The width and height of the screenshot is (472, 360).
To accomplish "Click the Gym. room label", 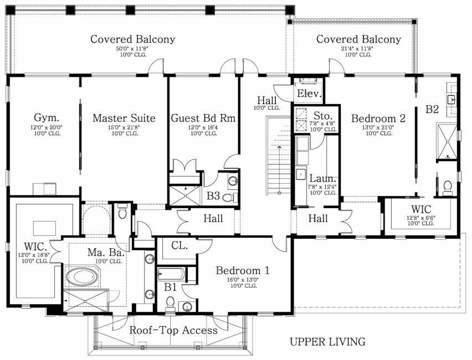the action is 47,117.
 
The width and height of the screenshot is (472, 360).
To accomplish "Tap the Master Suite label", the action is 124,118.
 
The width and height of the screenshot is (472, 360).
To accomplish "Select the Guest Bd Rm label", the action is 203,118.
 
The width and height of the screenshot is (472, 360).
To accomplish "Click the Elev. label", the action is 309,93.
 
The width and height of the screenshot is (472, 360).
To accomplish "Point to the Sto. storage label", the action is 323,116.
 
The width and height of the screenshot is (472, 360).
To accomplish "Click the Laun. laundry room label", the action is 322,178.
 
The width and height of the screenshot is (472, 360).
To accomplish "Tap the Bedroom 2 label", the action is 378,118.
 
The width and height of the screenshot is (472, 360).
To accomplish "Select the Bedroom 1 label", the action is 243,270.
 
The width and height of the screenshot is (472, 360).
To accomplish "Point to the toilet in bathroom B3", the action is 228,198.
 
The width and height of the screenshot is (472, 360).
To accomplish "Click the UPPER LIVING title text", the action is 327,342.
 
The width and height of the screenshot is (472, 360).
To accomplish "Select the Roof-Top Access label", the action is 173,330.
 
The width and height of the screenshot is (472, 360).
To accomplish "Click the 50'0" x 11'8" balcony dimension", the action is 132,49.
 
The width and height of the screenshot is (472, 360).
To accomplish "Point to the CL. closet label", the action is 179,245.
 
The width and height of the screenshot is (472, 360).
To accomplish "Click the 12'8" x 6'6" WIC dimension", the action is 421,218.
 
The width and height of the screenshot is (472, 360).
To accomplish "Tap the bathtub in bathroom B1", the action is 171,274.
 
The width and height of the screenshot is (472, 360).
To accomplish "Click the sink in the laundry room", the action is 300,174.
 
